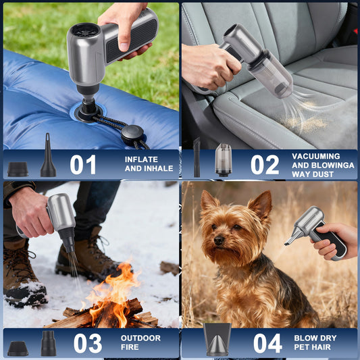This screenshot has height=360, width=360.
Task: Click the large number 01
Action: (x=82, y=164)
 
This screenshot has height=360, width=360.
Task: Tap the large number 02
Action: (x=265, y=164)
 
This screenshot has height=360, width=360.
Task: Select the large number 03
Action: (x=88, y=343)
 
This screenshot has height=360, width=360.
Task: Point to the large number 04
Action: (x=267, y=343)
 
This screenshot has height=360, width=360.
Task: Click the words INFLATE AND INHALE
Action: (x=149, y=164)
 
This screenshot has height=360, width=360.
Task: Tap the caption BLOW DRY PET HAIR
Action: (x=316, y=342)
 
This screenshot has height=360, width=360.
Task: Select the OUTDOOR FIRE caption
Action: (x=140, y=342)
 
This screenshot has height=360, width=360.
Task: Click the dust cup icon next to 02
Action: (x=223, y=160)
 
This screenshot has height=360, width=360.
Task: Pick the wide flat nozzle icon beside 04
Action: (x=218, y=339)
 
